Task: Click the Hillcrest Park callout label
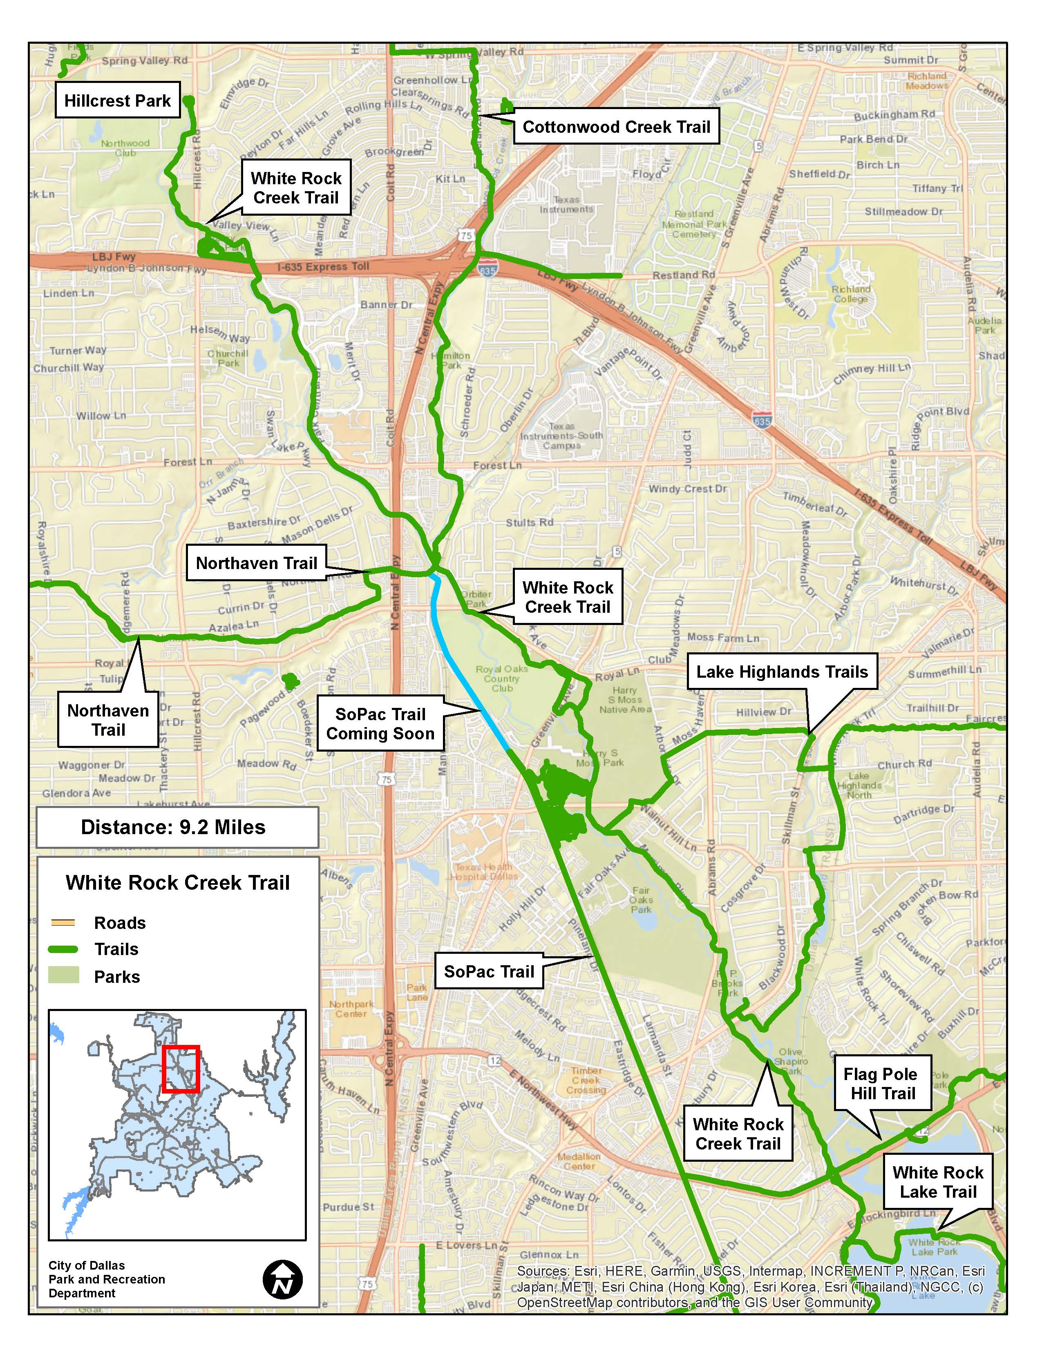[117, 100]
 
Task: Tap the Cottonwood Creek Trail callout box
[616, 127]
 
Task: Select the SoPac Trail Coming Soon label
[380, 723]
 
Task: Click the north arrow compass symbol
[283, 1279]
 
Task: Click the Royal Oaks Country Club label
[501, 678]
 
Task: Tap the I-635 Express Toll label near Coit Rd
[323, 266]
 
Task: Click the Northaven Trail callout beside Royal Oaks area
[256, 563]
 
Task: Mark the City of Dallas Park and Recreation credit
[106, 1279]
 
